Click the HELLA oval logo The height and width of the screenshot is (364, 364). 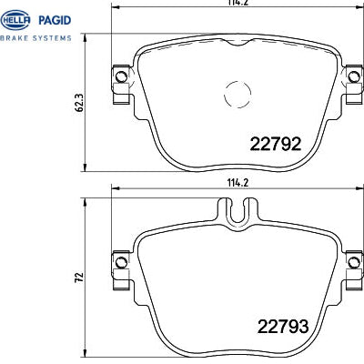(x=15, y=20)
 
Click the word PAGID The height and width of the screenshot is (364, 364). (x=55, y=20)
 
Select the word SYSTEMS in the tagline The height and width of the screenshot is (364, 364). (x=52, y=38)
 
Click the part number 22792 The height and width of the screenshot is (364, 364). (x=276, y=144)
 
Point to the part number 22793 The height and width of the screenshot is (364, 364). (x=283, y=327)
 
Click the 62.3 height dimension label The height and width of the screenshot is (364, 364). (x=79, y=103)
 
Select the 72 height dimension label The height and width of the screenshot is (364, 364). (x=79, y=278)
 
